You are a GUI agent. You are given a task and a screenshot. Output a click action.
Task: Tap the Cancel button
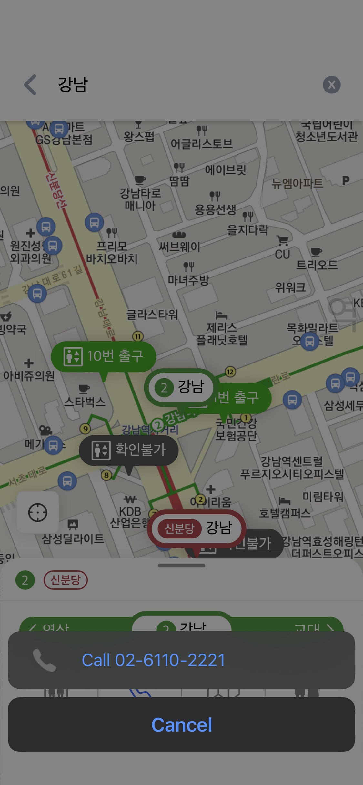[181, 725]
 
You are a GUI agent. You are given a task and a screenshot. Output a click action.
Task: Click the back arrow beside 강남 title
[30, 85]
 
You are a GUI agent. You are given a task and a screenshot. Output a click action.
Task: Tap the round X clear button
[331, 85]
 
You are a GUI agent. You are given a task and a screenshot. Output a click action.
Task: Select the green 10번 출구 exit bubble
[103, 356]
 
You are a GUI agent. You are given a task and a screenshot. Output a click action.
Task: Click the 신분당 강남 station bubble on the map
[197, 528]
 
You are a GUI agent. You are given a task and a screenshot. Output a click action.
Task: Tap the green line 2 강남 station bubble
[180, 387]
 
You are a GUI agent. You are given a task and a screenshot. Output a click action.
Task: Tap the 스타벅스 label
[85, 402]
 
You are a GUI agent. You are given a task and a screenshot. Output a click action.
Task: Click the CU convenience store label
[282, 254]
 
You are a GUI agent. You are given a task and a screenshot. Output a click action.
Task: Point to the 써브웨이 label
[179, 247]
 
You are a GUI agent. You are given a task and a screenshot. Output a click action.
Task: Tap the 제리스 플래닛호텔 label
[222, 334]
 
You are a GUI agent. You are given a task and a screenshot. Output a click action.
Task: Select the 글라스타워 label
[152, 314]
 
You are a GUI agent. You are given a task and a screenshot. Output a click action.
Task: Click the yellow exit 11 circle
[138, 336]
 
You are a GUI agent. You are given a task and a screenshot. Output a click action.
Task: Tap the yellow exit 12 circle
[230, 372]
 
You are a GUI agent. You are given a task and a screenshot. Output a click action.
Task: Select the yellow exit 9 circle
[85, 429]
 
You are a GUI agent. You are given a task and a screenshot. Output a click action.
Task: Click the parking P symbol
[346, 180]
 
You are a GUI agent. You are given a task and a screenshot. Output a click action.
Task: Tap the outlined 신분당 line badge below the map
[66, 580]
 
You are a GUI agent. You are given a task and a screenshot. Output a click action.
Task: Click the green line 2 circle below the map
[25, 580]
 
